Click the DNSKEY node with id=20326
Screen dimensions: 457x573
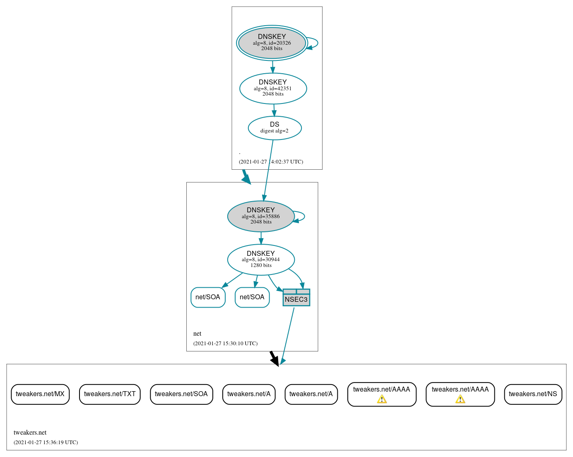tap(272, 43)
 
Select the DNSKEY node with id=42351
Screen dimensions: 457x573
tap(273, 88)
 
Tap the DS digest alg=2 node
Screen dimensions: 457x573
tap(274, 128)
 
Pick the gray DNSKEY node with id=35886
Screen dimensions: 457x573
tap(261, 216)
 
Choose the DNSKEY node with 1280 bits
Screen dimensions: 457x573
tap(261, 260)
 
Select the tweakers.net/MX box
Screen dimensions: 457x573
tap(40, 394)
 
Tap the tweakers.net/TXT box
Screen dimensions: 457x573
tap(110, 394)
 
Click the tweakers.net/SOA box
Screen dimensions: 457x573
tap(181, 394)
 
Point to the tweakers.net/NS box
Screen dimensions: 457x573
tap(533, 394)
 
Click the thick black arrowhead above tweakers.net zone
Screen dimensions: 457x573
tap(274, 360)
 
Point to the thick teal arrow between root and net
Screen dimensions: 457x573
tap(246, 177)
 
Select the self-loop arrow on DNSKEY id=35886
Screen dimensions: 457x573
tap(303, 216)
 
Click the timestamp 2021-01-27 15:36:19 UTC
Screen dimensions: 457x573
tap(46, 443)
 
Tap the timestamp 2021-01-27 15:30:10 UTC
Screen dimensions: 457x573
tap(225, 344)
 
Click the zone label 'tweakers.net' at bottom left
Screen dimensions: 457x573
tap(30, 433)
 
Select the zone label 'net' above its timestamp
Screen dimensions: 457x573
tap(197, 334)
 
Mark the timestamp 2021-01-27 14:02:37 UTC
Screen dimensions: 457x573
tap(271, 162)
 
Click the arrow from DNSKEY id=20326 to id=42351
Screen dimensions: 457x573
tap(272, 67)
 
